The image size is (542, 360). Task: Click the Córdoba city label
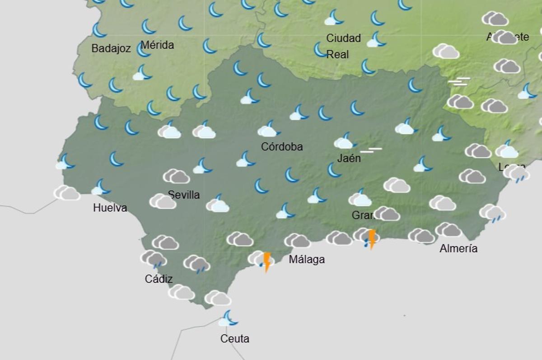(x=282, y=147)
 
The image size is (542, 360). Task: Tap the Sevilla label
(x=184, y=195)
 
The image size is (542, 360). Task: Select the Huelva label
(x=110, y=208)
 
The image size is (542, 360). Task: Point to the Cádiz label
(x=159, y=279)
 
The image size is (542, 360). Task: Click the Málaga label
(x=307, y=260)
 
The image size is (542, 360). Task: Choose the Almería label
(x=458, y=248)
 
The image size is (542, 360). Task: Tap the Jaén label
(x=349, y=159)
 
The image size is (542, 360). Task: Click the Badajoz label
(x=111, y=48)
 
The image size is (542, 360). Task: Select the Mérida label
(x=157, y=45)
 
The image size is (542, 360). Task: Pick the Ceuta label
(x=235, y=338)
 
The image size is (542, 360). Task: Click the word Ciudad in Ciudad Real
(x=343, y=38)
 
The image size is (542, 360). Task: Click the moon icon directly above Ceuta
(x=229, y=318)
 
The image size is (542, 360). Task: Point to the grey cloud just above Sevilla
(x=176, y=176)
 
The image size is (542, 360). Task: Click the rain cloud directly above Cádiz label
(x=154, y=259)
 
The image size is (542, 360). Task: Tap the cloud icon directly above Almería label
(x=448, y=230)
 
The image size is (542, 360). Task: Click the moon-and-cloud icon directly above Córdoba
(x=269, y=129)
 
